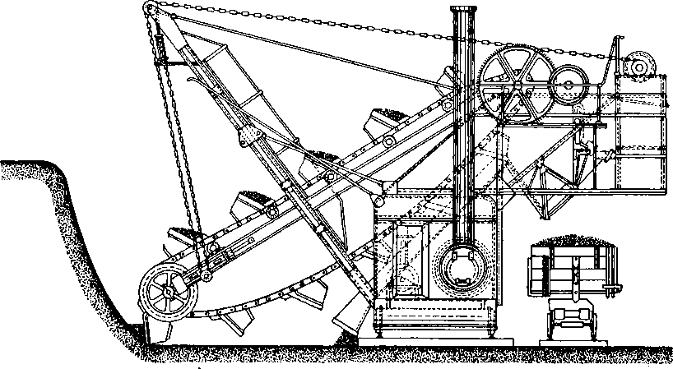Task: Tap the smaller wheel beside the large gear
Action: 569,84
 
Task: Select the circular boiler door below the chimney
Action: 459,268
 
